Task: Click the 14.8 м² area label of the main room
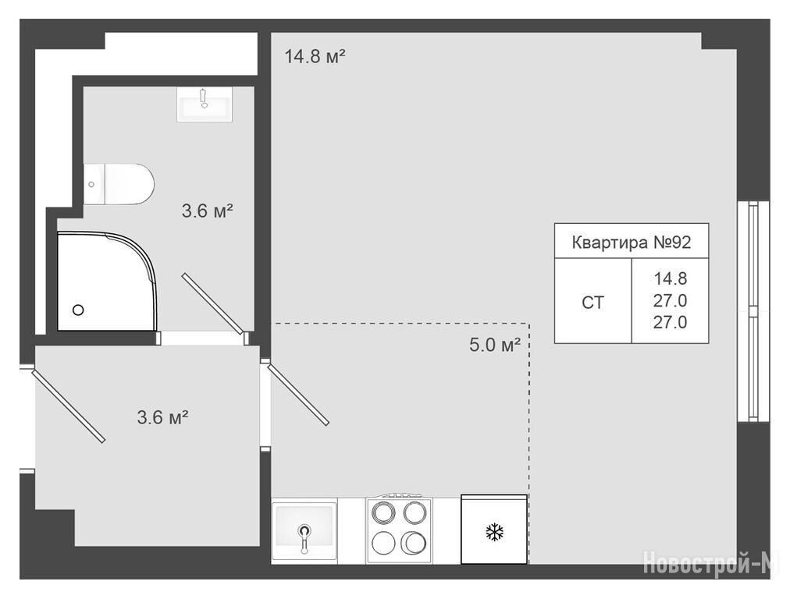pos(315,56)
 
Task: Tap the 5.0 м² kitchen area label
pos(495,345)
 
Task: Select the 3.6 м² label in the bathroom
pos(207,211)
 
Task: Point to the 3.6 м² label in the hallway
pos(162,416)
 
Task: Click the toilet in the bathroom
pos(119,184)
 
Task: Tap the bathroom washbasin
pos(205,105)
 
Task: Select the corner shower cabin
pos(107,282)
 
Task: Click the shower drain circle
pos(78,310)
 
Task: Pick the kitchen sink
pos(304,530)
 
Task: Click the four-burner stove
pos(399,529)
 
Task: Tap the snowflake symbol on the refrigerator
pos(495,532)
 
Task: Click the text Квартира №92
pos(632,243)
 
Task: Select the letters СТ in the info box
pos(592,303)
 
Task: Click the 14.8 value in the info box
pos(671,278)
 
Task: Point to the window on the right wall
pos(754,311)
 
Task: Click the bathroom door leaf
pos(212,303)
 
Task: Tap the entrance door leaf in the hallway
pos(69,406)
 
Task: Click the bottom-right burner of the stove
pos(415,543)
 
